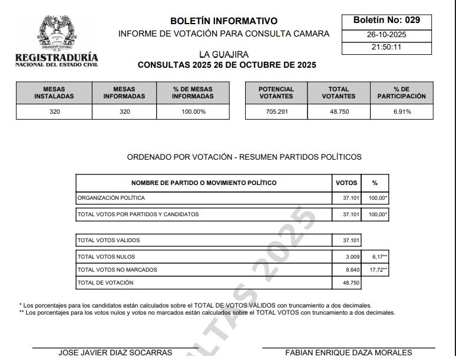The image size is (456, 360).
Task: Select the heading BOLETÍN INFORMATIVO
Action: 224,21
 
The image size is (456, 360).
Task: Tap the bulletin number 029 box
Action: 386,20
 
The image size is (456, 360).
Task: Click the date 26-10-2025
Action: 386,35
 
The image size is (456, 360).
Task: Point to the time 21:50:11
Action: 386,47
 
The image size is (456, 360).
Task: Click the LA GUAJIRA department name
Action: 223,55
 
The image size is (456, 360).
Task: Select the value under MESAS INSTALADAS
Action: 54,111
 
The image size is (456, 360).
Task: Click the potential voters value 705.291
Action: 276,111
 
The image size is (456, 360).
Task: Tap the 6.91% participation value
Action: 402,111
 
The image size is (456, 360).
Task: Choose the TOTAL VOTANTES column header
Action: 339,93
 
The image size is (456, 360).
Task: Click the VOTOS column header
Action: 346,183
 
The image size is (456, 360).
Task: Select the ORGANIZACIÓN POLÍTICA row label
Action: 111,198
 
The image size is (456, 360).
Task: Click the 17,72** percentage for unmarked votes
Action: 378,270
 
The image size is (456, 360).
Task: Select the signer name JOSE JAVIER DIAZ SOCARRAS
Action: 115,352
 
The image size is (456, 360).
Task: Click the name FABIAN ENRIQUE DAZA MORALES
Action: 349,352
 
